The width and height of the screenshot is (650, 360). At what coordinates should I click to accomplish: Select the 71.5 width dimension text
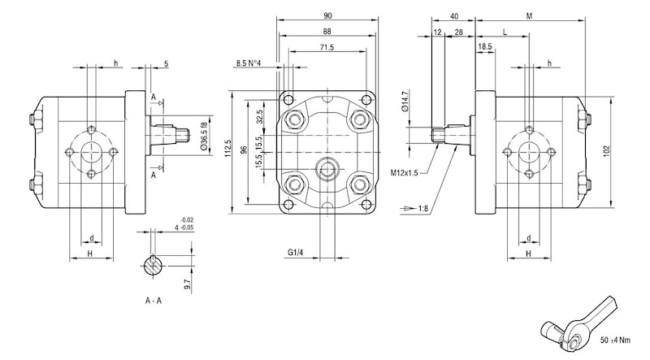point(327,48)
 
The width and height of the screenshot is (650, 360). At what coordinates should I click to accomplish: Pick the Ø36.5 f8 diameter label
point(202,136)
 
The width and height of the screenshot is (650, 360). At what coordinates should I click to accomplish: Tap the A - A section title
point(154,301)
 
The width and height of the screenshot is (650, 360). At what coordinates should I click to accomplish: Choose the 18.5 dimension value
point(485,48)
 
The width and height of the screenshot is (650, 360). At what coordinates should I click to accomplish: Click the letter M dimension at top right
point(529,16)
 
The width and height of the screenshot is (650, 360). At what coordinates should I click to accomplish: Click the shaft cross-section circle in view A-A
point(153,266)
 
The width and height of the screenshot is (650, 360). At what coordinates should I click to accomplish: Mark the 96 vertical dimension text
point(245,151)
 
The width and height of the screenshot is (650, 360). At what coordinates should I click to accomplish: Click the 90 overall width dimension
point(327,16)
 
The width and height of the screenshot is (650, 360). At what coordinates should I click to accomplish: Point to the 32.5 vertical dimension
point(260,116)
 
